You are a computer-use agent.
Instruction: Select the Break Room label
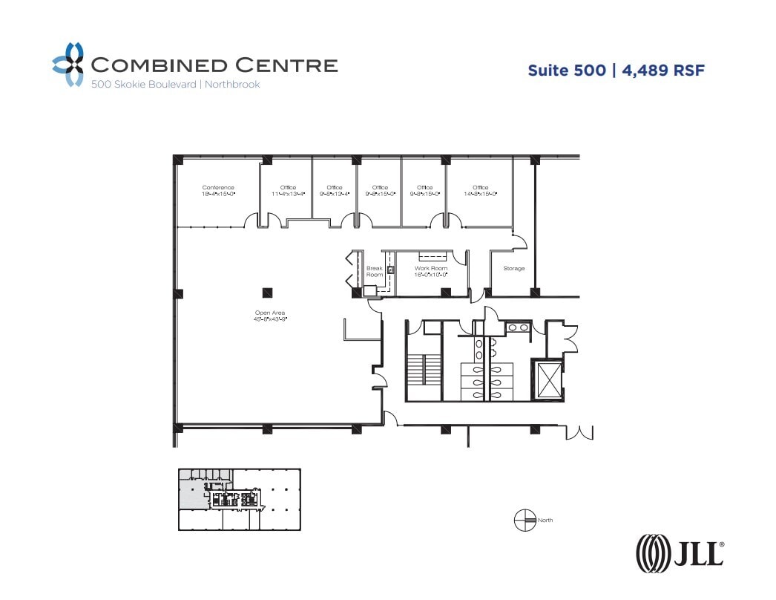tap(375, 271)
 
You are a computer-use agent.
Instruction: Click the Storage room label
tap(513, 268)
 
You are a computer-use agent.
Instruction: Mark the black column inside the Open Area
tap(267, 292)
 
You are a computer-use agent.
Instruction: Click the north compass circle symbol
tap(525, 521)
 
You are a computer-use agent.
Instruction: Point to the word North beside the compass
tap(546, 521)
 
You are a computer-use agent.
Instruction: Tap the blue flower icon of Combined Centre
tap(68, 65)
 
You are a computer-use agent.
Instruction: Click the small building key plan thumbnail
tap(239, 499)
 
